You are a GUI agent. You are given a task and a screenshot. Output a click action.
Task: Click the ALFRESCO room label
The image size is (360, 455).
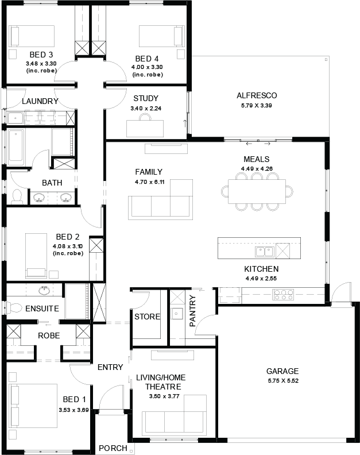click(x=257, y=95)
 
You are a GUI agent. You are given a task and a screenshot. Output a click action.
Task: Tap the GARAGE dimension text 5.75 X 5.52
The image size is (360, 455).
click(x=283, y=381)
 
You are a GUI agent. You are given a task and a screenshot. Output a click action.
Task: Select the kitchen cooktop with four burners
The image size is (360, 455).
click(x=284, y=295)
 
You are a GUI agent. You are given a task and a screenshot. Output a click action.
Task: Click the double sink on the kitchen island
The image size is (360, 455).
click(x=265, y=252)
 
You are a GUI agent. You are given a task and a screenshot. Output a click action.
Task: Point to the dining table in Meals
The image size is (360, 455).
click(x=257, y=191)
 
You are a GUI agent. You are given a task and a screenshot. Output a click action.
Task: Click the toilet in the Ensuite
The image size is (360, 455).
click(x=14, y=308)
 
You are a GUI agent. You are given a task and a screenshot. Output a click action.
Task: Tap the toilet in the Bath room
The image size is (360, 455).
click(x=17, y=196)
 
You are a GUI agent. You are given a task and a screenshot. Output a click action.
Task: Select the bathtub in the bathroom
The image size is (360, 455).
click(x=17, y=148)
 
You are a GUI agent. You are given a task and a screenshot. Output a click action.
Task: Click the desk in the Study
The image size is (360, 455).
click(x=145, y=128)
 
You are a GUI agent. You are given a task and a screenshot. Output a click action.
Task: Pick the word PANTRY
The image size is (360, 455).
click(x=192, y=311)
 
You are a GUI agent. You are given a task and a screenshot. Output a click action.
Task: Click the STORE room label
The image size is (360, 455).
click(x=147, y=317)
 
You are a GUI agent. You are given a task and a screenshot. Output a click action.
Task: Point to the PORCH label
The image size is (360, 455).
click(x=113, y=448)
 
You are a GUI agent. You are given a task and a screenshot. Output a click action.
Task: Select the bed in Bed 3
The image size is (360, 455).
click(x=32, y=36)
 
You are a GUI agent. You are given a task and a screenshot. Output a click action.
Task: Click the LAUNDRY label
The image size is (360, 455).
click(x=40, y=101)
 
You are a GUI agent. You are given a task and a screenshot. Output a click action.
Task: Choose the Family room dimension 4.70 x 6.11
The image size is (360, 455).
click(x=150, y=182)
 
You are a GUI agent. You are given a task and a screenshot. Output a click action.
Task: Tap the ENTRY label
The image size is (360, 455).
click(x=110, y=367)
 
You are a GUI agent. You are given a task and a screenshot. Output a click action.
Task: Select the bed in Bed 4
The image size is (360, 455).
click(x=162, y=36)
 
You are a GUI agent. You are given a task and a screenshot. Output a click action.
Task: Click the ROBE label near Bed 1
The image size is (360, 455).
click(x=49, y=336)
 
